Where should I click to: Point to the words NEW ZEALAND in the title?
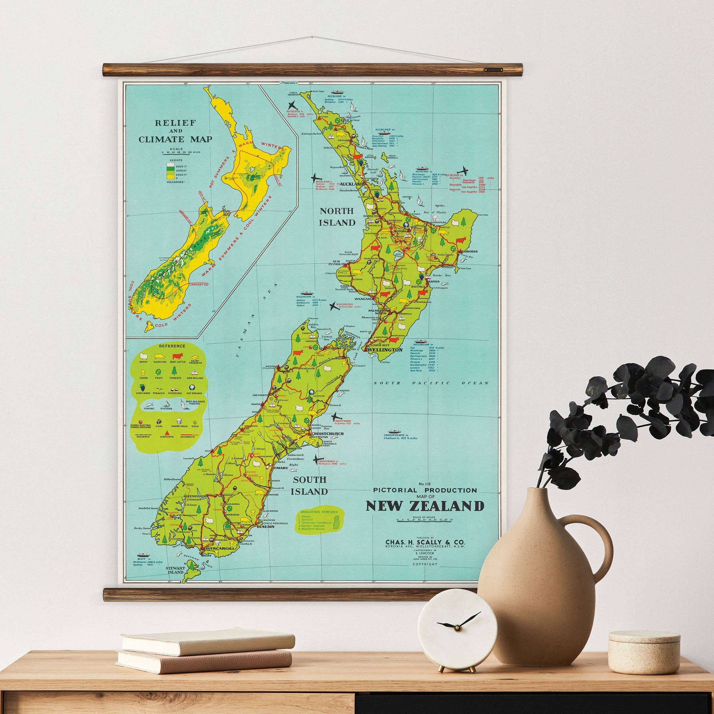pos(425,507)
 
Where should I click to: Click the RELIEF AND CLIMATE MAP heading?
pos(176,131)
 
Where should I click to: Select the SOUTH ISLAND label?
pos(310,486)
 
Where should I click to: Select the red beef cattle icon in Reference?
pos(176,356)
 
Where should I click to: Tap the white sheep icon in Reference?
pos(143,356)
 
